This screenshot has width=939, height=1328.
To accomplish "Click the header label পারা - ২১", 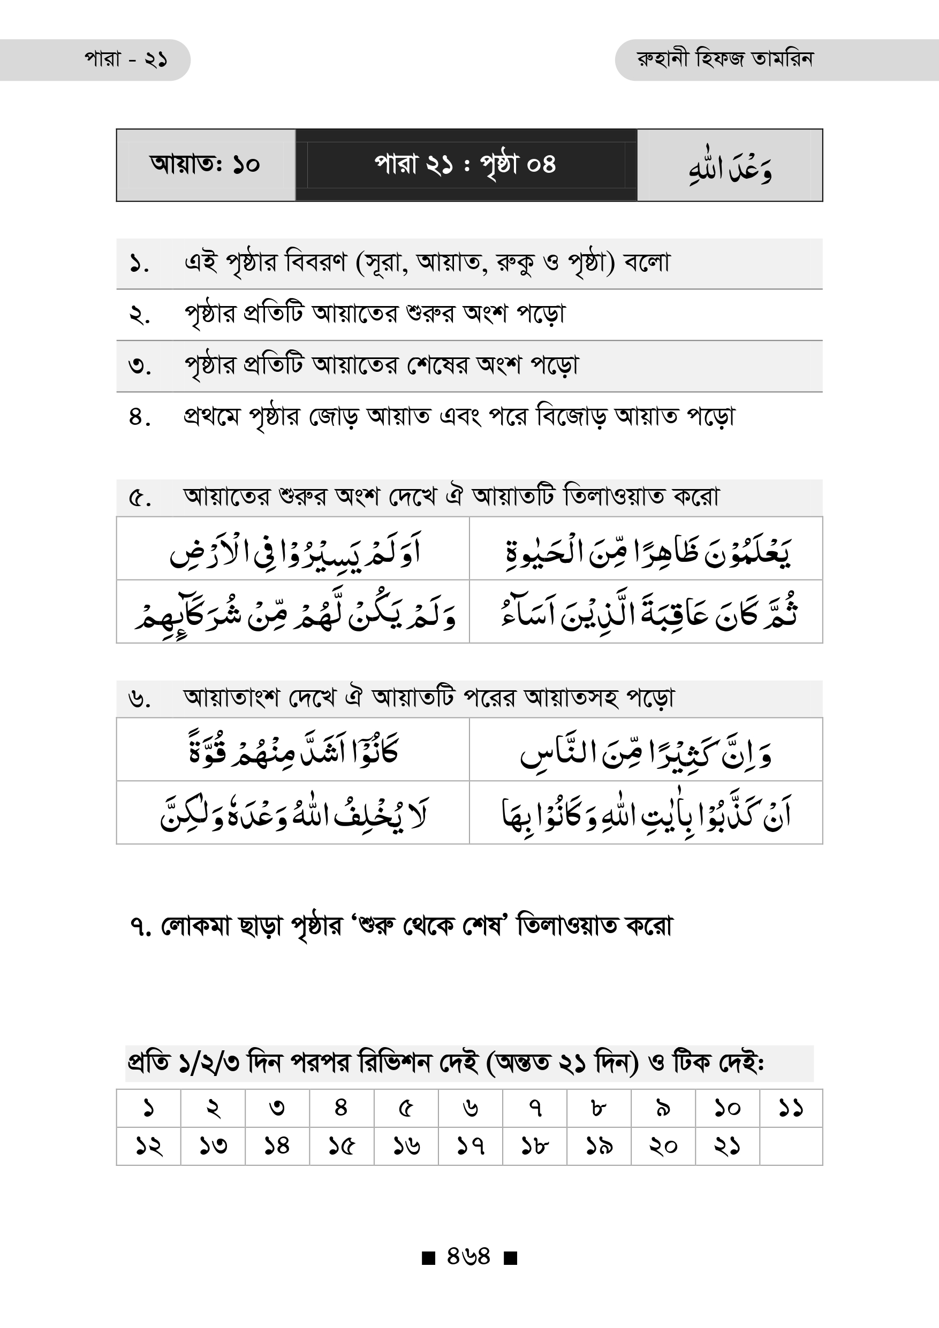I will (x=126, y=59).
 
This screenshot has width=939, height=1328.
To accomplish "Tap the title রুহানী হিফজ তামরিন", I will (x=724, y=59).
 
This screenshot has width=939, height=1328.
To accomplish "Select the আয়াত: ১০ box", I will (x=206, y=165).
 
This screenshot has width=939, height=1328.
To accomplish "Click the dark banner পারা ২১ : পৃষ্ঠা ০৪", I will (x=465, y=165).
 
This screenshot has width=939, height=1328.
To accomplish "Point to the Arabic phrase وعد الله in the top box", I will (x=730, y=167).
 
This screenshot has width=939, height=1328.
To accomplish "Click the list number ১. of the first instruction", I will (x=139, y=264).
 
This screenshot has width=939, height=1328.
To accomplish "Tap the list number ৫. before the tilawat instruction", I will (x=139, y=498).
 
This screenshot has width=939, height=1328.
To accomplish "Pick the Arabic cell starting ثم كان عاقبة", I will (x=646, y=613).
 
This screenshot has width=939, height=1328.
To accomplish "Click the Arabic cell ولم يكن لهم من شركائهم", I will (x=294, y=613).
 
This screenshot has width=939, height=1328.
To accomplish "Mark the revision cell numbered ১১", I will (x=791, y=1108).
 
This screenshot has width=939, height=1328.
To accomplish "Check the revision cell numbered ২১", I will (x=726, y=1146).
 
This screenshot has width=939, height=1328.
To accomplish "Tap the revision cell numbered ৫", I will (x=406, y=1108).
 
